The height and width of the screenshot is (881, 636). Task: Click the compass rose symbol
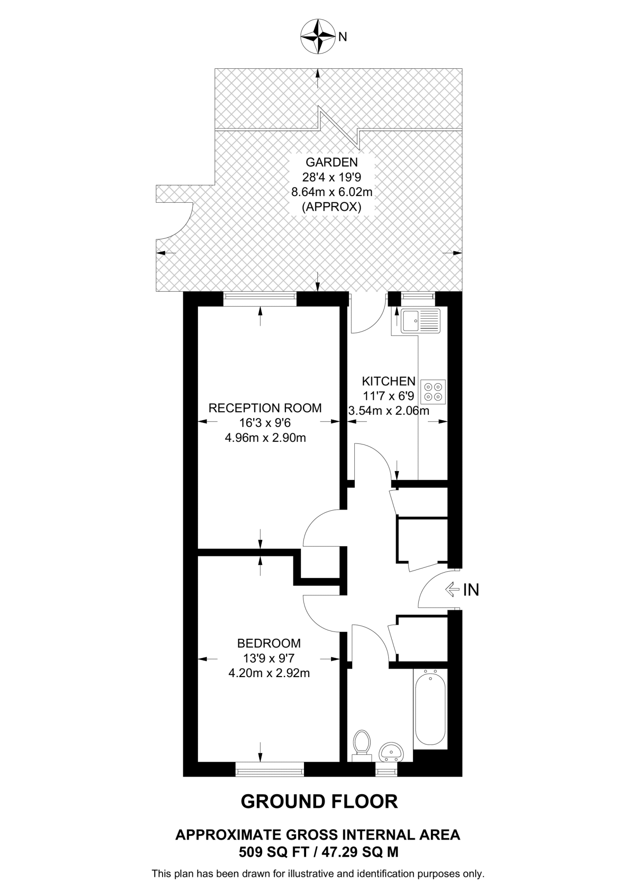coord(318,37)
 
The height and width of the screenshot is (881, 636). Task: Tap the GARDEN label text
coord(332,162)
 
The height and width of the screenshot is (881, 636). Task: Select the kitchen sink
coord(420,320)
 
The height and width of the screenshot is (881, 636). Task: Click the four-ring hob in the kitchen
coord(433,391)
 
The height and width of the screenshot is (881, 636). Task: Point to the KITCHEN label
coord(388,381)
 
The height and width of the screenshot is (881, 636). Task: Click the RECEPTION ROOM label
coord(265,408)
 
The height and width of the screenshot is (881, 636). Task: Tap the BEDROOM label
coord(269,643)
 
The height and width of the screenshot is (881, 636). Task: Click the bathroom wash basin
coord(391,752)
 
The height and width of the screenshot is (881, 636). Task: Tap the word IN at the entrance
coord(471,590)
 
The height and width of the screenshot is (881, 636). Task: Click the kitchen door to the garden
coord(367,316)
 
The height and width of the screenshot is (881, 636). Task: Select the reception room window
coord(260,299)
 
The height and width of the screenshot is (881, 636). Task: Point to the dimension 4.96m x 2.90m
coord(265,438)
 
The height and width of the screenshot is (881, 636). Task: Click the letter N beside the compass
coord(343,37)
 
